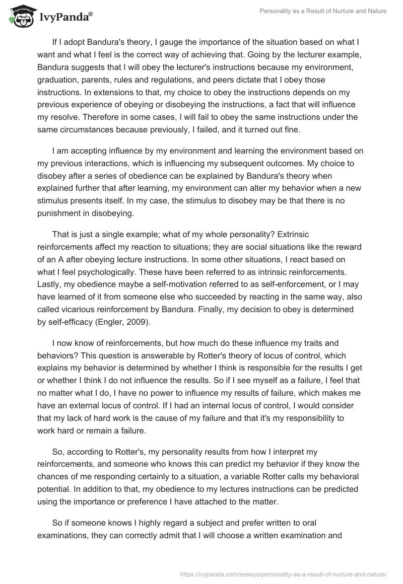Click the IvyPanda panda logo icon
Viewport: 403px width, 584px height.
(x=20, y=16)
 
